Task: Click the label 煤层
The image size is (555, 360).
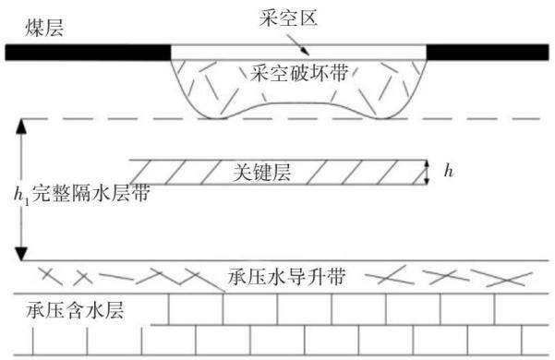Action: [44, 28]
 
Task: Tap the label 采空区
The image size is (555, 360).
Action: [288, 18]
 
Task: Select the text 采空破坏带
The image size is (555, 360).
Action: [299, 73]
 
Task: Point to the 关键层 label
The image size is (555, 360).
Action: [262, 173]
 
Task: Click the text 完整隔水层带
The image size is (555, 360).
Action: [91, 193]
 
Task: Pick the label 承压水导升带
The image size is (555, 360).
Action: [286, 276]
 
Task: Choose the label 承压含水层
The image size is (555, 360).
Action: [75, 311]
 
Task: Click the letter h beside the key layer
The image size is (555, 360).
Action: [449, 171]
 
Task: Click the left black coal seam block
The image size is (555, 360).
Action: [88, 53]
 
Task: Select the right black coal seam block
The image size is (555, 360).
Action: [488, 53]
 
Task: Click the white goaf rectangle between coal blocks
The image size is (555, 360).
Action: [298, 53]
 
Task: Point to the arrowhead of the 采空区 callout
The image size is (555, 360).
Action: [306, 52]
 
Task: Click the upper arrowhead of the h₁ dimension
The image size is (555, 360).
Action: [21, 126]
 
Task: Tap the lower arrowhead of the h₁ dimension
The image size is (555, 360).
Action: [21, 254]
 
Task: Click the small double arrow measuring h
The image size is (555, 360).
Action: [427, 173]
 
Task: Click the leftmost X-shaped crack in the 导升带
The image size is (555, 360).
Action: [51, 276]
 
